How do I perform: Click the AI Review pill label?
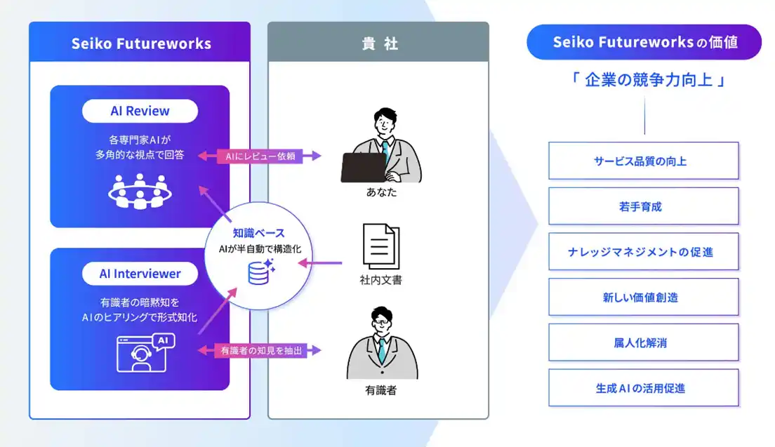tap(140, 111)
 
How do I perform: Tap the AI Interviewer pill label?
tap(140, 274)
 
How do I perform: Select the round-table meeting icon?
tap(140, 192)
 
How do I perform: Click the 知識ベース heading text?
tap(259, 233)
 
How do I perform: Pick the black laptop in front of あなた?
tap(363, 168)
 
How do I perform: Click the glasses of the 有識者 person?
tap(382, 328)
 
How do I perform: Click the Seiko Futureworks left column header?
tap(140, 44)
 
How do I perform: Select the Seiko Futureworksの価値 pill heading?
tap(644, 42)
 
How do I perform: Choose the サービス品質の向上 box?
tap(643, 161)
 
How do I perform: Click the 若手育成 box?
tap(643, 206)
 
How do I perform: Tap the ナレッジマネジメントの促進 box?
tap(643, 251)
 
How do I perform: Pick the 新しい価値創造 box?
tap(643, 297)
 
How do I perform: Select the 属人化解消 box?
tap(643, 342)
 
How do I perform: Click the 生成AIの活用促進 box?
tap(643, 387)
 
